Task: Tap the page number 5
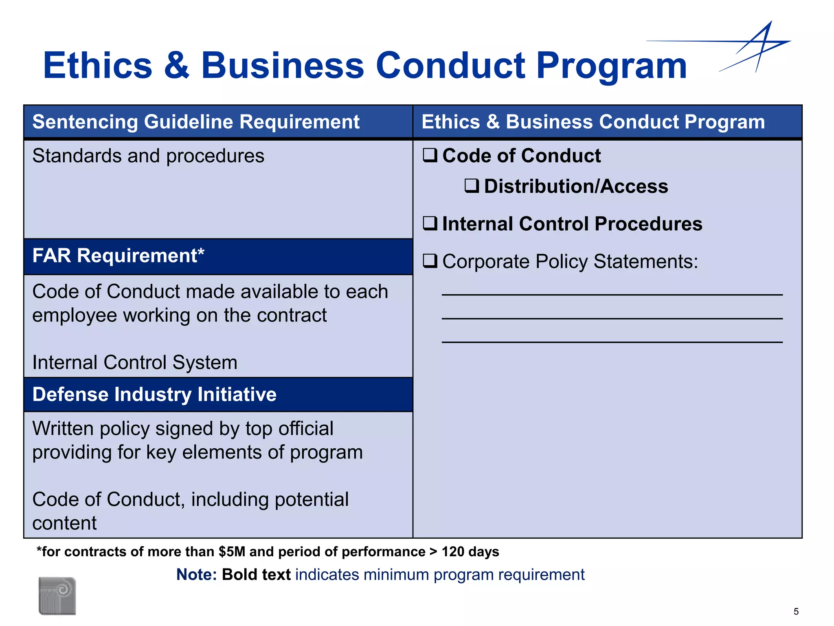coord(796,611)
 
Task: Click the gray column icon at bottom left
coord(57,595)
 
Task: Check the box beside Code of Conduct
coord(430,155)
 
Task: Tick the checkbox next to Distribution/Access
coord(472,186)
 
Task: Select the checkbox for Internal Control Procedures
coord(430,223)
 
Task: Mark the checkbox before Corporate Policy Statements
coord(430,261)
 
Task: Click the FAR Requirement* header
coord(118,256)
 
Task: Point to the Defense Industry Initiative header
coord(154,395)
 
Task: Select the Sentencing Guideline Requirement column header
coord(196,122)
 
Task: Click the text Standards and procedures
coord(148,156)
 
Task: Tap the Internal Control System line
coord(134,362)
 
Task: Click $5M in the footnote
coord(232,552)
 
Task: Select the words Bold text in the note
coord(256,575)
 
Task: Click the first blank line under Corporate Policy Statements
coord(612,294)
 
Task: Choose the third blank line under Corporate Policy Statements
coord(612,342)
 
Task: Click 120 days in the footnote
coord(470,552)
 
